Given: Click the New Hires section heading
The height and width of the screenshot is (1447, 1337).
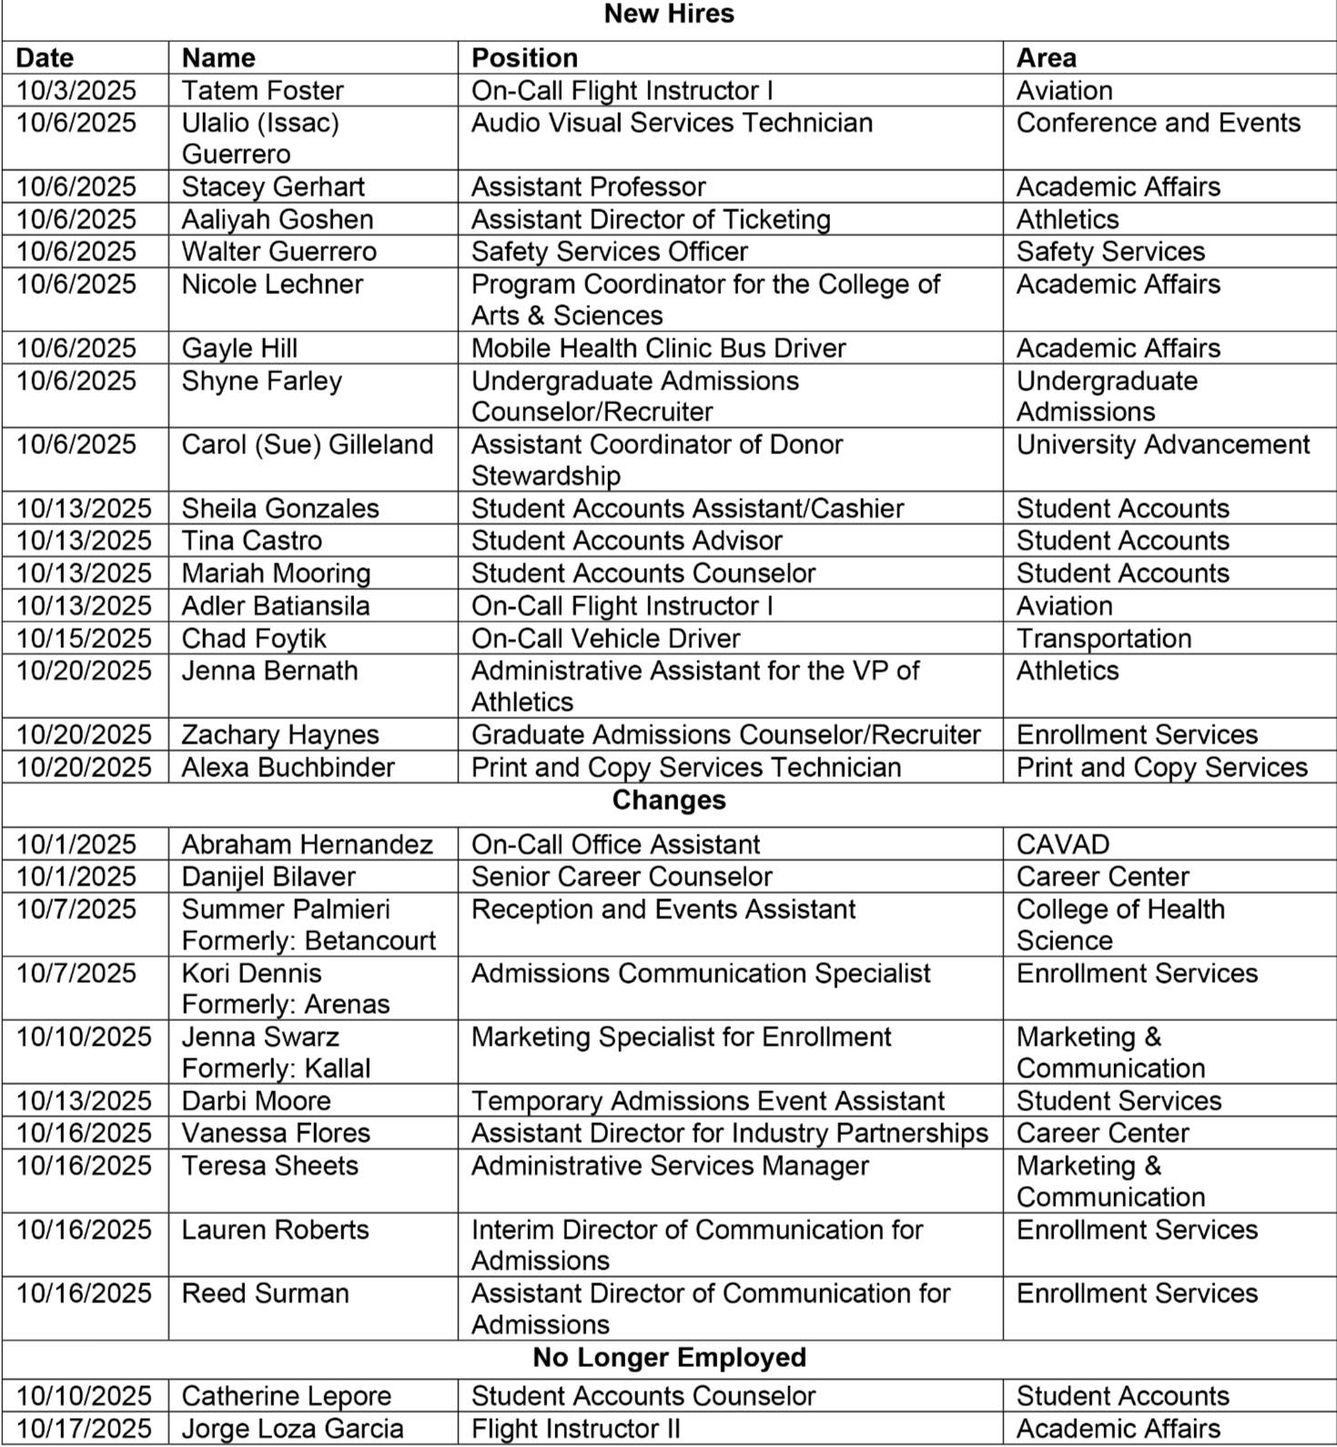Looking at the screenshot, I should point(668,14).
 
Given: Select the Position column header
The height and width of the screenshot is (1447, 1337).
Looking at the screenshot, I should point(524,57).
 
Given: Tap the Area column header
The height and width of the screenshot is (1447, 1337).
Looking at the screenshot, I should point(1046,57).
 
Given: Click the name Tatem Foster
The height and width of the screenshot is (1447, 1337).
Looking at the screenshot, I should point(262,90).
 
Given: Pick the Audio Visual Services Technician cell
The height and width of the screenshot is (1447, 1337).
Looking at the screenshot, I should point(671,123).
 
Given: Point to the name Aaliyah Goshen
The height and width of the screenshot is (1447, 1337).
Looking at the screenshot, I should point(277,219).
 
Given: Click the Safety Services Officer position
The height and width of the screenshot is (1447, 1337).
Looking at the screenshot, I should point(609,251).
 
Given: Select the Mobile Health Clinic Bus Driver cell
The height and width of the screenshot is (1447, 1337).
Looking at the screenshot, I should point(658,348).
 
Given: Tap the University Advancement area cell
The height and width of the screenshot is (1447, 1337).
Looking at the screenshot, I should point(1162,444).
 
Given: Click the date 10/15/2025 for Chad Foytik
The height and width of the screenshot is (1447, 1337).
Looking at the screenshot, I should point(83,638).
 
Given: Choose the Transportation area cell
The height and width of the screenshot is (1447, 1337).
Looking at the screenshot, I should point(1103,638).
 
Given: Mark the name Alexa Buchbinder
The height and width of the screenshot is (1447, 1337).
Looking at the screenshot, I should point(288,767).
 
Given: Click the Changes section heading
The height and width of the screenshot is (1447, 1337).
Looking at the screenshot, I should point(668,800).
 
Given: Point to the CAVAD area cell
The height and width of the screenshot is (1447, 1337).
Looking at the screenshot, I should point(1062,844).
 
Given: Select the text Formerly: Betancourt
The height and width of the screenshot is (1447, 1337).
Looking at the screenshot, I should point(309,940).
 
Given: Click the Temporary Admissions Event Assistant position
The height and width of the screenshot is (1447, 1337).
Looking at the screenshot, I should point(707,1100).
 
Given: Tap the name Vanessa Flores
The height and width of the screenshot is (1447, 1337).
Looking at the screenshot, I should point(276,1133).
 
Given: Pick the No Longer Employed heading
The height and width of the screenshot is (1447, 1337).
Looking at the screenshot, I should point(668,1357).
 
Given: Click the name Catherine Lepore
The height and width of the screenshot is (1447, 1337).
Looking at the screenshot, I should point(286,1396).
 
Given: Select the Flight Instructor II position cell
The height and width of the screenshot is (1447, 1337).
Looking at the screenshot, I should point(575,1429).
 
